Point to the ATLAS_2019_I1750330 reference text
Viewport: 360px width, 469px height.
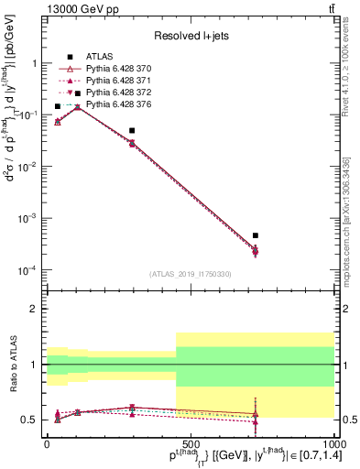(x=190, y=274)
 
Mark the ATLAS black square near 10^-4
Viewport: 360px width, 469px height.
(x=256, y=235)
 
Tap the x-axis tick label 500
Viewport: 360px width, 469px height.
(x=190, y=442)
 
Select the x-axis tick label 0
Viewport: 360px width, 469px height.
(x=47, y=442)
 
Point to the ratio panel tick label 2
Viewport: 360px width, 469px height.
(x=34, y=310)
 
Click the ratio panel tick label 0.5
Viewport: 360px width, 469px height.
(x=29, y=420)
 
